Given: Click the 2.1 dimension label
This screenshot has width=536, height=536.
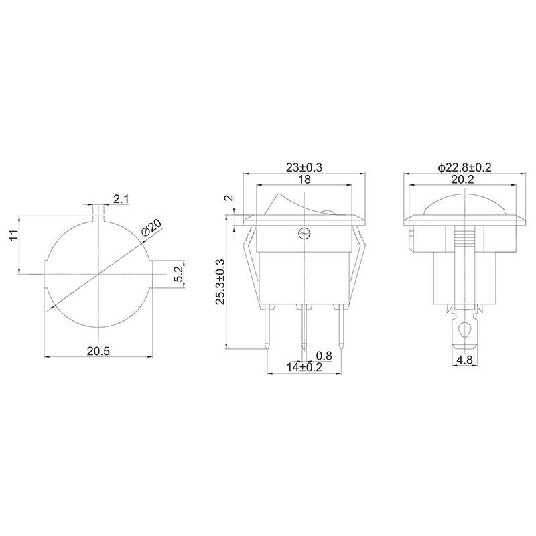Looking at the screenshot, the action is [x=121, y=199].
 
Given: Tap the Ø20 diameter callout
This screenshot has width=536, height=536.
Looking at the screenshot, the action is [x=151, y=228].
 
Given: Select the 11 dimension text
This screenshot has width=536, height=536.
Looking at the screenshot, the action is [x=13, y=235].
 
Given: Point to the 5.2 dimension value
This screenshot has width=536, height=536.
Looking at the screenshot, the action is [x=179, y=274].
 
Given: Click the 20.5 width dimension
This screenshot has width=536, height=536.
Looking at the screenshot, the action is [x=98, y=350].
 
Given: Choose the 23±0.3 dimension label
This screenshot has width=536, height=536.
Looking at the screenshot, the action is [x=304, y=167].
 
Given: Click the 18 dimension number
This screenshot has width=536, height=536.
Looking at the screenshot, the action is [x=304, y=179].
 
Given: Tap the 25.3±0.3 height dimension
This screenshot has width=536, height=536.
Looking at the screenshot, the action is [x=220, y=281].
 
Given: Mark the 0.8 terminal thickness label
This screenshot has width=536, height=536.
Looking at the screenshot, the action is [x=324, y=356].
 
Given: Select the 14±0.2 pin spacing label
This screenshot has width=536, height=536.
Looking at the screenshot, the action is [x=304, y=367].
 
